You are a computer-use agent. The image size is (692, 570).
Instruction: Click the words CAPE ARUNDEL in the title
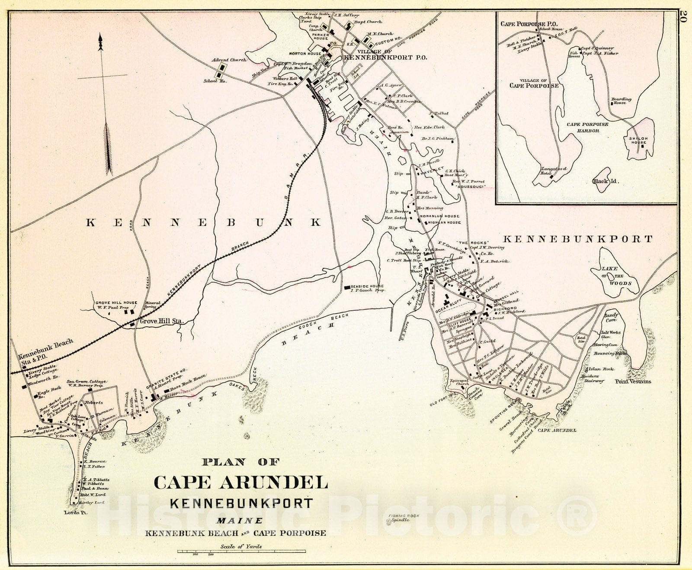tap(240, 482)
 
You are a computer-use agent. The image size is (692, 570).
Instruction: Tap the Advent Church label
tap(229, 60)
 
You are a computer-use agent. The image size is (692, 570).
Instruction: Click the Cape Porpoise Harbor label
tap(587, 127)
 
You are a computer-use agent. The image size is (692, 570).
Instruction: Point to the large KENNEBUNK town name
tap(204, 222)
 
